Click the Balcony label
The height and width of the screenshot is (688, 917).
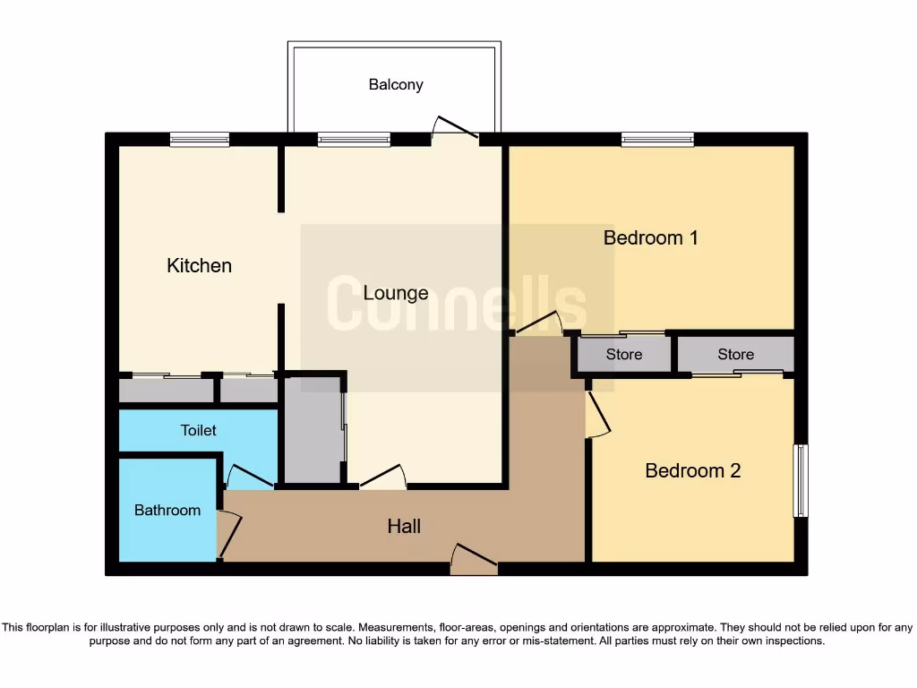[x=396, y=85]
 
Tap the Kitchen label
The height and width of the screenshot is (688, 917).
[x=199, y=266]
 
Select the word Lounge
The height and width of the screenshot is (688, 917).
[x=396, y=293]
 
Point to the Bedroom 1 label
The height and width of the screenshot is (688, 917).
[x=650, y=238]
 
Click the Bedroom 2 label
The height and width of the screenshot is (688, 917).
[x=692, y=471]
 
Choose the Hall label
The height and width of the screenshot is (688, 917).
[x=404, y=527]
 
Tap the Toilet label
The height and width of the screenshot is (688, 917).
[x=199, y=431]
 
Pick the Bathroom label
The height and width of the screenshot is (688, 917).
[x=167, y=511]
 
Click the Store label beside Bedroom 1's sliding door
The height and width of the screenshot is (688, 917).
[x=623, y=355]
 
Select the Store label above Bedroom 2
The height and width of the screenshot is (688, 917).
[x=735, y=355]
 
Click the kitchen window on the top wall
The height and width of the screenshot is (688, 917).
[x=200, y=139]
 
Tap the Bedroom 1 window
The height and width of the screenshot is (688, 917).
[x=657, y=139]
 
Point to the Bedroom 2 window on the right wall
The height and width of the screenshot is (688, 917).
[x=801, y=480]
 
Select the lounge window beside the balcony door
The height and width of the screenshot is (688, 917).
[x=354, y=139]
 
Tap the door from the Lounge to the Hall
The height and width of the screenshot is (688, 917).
[x=382, y=477]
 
